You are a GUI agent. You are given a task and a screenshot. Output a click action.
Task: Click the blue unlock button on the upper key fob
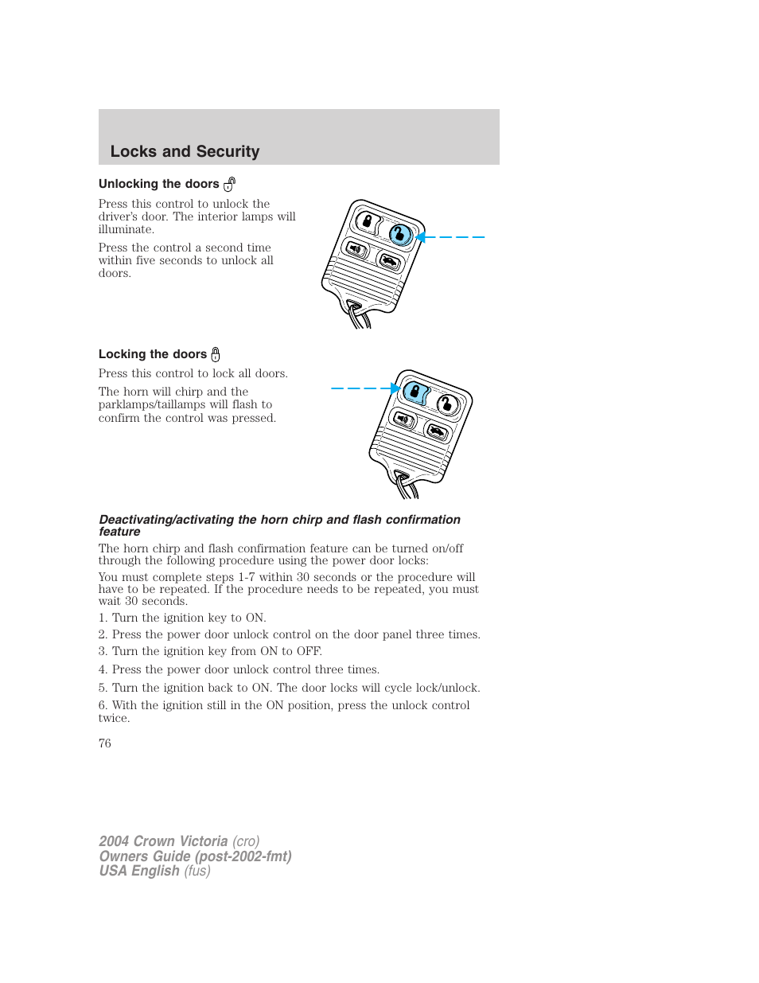[400, 234]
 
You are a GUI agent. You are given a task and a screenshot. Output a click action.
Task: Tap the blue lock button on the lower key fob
[415, 392]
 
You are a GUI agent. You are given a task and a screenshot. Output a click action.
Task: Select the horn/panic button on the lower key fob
[403, 419]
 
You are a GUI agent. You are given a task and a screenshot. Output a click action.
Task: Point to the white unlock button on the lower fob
[448, 404]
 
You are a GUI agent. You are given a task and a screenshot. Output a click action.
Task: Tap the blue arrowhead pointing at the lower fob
[395, 388]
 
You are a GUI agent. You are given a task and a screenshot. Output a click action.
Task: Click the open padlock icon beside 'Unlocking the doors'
[229, 185]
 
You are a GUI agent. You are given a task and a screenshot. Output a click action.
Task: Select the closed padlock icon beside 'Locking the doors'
[215, 355]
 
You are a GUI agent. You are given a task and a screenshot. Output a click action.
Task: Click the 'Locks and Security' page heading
[185, 151]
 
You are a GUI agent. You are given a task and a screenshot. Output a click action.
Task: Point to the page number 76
[105, 743]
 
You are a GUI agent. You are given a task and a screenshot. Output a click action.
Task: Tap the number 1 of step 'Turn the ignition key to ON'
[102, 618]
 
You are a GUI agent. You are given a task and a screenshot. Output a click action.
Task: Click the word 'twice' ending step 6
[113, 719]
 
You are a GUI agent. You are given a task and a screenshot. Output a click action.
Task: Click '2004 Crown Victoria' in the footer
[163, 841]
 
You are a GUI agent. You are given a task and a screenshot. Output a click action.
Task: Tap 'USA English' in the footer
[139, 871]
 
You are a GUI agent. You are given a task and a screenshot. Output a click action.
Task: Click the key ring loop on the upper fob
[358, 315]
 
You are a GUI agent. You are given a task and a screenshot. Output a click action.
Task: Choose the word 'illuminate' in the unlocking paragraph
[125, 230]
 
